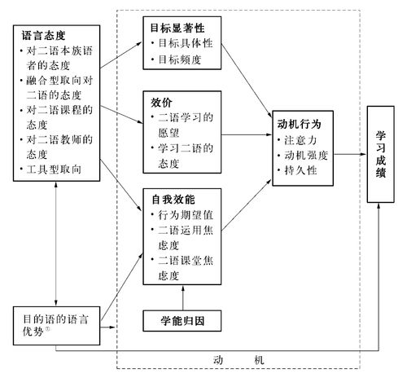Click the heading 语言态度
(x=43, y=35)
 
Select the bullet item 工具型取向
(x=54, y=169)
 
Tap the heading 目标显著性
(x=177, y=28)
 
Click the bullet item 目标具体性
(x=186, y=43)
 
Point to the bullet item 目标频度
(x=180, y=59)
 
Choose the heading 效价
(x=161, y=103)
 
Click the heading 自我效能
(x=173, y=200)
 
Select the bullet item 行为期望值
(x=186, y=215)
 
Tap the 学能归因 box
(x=182, y=321)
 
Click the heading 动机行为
(x=299, y=124)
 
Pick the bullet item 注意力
(x=300, y=140)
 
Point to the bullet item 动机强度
(x=306, y=156)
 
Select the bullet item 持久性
(x=300, y=170)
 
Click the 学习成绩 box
(x=380, y=154)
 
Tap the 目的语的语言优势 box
(x=56, y=326)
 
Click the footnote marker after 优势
(x=47, y=329)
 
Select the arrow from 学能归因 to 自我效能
(x=182, y=298)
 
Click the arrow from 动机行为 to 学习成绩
(x=350, y=154)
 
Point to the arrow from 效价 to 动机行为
(x=247, y=134)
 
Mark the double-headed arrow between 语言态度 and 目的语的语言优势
(x=56, y=244)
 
